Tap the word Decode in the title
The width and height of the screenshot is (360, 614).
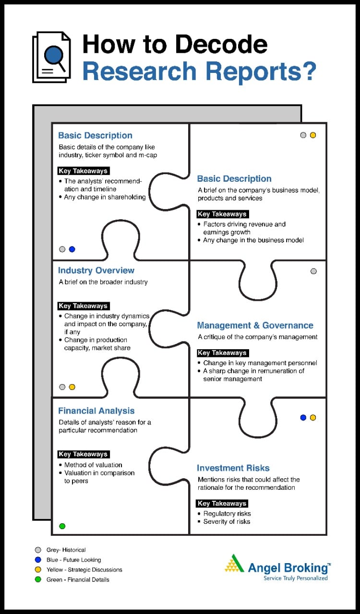[222, 44]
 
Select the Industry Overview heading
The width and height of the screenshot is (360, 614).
[96, 271]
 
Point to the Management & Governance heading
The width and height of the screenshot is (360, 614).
[255, 325]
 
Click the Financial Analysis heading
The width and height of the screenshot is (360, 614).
[96, 411]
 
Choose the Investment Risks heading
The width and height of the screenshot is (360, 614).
[233, 468]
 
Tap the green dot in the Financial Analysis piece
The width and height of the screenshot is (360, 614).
[62, 526]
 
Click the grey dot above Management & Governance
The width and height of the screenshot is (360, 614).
[314, 271]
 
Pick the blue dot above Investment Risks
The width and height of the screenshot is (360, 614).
[303, 417]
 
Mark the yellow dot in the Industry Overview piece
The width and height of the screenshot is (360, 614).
[72, 387]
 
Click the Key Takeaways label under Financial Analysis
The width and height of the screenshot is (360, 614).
[83, 454]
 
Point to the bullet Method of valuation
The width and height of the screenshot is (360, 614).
[93, 465]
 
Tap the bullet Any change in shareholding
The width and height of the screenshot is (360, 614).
[105, 197]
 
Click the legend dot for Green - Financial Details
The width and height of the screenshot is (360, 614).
[38, 579]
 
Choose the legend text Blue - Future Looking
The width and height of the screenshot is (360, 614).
[73, 560]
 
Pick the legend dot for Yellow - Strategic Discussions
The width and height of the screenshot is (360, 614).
[38, 569]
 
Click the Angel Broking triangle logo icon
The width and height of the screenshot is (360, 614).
[235, 564]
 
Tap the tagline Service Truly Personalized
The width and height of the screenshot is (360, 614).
[296, 579]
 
